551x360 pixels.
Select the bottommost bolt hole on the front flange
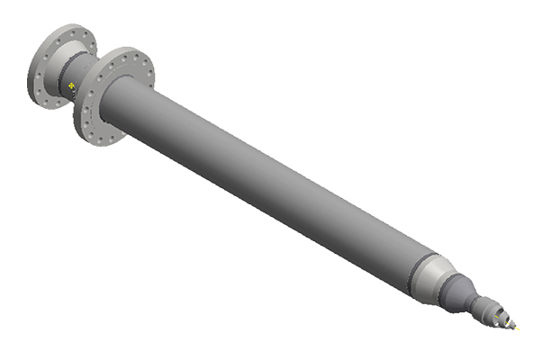tap(89, 137)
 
